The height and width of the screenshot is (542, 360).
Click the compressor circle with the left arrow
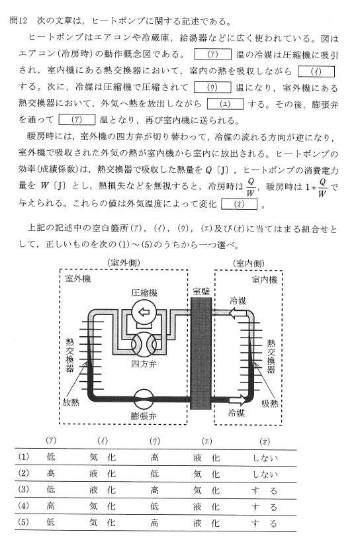click(144, 312)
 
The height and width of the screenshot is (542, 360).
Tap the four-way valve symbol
click(144, 344)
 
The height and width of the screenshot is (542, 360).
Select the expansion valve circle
click(144, 399)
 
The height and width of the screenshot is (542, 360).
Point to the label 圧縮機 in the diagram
click(144, 293)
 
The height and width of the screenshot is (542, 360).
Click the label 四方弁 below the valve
click(144, 365)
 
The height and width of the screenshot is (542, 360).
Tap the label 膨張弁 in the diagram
click(144, 416)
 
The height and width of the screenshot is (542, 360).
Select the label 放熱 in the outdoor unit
click(71, 402)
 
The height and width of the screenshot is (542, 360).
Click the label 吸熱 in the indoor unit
click(270, 404)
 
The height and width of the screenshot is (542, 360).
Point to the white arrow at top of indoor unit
click(238, 313)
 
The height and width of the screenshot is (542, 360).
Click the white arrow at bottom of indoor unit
click(238, 400)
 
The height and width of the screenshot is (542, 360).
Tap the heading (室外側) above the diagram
click(124, 263)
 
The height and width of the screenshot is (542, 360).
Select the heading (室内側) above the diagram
click(249, 263)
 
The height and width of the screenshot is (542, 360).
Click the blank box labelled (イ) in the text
click(316, 71)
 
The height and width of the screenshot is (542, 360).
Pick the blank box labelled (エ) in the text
click(225, 104)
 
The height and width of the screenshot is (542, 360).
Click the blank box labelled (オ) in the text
click(240, 204)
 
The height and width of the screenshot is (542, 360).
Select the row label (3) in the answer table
click(24, 490)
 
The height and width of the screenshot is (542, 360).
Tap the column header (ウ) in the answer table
click(154, 441)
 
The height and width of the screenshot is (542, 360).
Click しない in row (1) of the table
click(265, 458)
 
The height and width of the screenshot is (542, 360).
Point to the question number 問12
click(19, 21)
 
